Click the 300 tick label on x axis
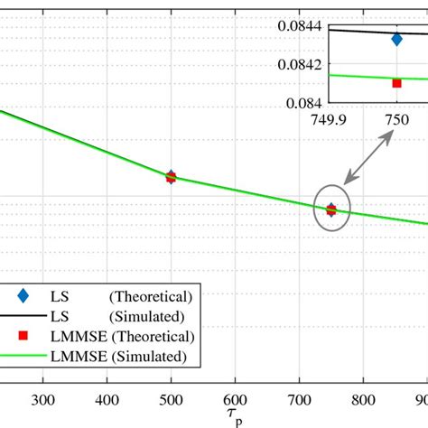(43, 401)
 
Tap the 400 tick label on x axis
(107, 401)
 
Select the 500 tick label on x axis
(171, 401)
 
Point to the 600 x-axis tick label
(235, 401)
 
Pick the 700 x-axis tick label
(299, 401)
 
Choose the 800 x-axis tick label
(363, 401)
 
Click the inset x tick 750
(397, 120)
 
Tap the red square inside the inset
(396, 83)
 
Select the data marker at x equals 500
(171, 176)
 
